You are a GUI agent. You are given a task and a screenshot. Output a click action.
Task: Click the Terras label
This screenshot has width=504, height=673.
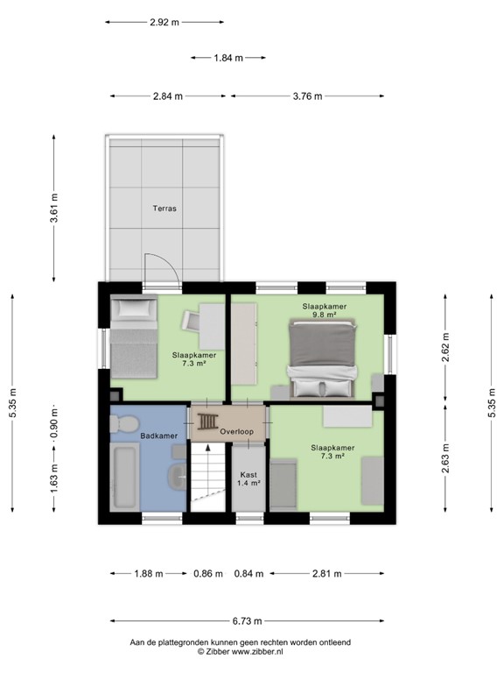tap(164, 209)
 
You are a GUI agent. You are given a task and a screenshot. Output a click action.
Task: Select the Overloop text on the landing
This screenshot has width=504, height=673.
tap(237, 432)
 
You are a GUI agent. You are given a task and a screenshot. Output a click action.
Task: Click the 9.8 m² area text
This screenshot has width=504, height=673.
tap(325, 316)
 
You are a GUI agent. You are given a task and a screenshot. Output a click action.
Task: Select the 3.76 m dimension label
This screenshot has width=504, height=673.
tap(306, 96)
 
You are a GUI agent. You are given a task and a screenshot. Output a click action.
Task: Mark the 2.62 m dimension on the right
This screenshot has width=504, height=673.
tap(445, 349)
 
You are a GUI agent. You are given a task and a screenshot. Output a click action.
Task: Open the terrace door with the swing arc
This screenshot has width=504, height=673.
tap(161, 271)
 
